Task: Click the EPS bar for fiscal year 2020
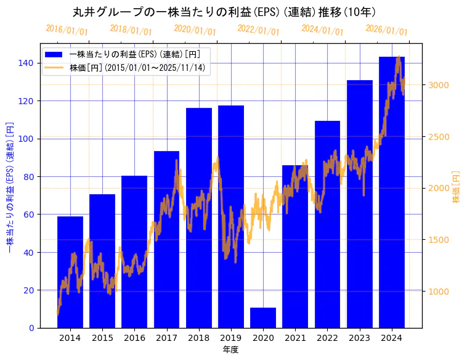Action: (x=263, y=317)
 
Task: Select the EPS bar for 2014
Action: (x=70, y=272)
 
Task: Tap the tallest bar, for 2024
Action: (x=392, y=192)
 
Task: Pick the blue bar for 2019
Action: (x=231, y=216)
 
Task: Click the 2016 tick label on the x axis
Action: (x=134, y=338)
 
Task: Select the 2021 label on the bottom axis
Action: (x=295, y=338)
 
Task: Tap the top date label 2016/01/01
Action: (x=67, y=30)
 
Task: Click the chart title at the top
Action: (x=224, y=12)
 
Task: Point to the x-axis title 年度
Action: (x=230, y=350)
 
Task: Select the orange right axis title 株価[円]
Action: (x=457, y=187)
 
